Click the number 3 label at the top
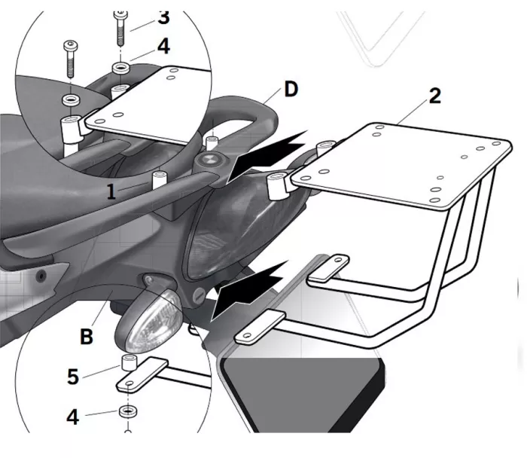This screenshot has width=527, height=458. (163, 16)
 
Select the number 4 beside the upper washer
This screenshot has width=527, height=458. (163, 47)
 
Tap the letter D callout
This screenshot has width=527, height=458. (291, 90)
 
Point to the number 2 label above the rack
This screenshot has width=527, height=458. (435, 96)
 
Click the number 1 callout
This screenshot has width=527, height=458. (111, 191)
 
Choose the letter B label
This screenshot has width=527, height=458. (87, 336)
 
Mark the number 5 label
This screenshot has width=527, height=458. (73, 376)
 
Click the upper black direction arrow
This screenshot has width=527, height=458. (267, 154)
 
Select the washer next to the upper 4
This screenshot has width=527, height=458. (120, 69)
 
